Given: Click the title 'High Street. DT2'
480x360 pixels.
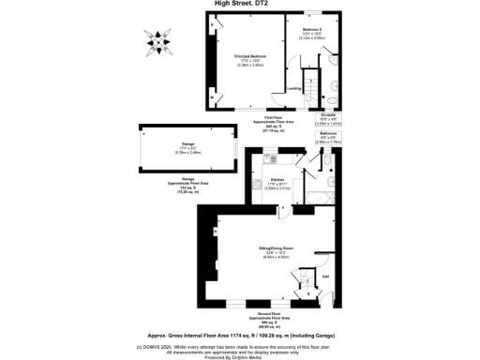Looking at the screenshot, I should point(240,4).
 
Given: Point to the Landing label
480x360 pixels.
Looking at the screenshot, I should point(293,89).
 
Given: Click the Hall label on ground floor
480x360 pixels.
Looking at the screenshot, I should point(325,277).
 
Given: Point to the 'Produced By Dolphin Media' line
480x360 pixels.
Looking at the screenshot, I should point(239,356).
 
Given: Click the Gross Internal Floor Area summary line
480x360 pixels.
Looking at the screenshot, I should point(239,334).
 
